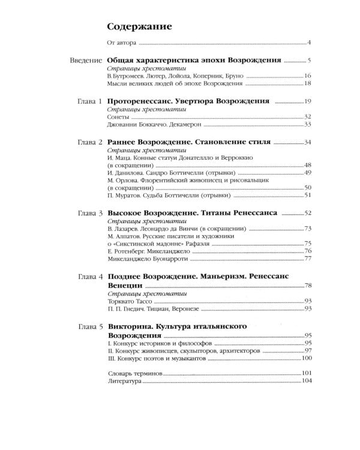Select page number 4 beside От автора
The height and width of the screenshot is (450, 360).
coord(309,43)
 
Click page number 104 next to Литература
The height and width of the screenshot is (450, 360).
coord(307,382)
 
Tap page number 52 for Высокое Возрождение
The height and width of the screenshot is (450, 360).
coord(308,213)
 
